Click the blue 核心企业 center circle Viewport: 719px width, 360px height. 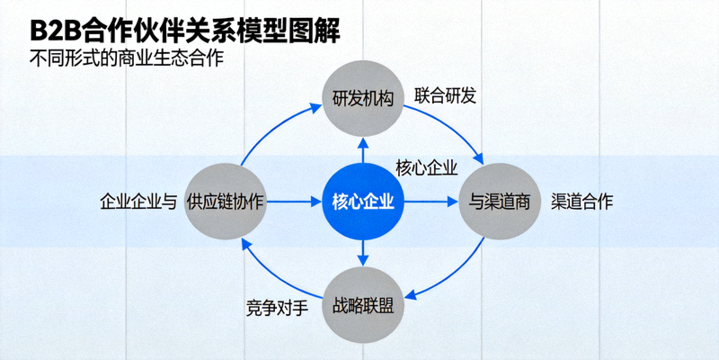pos(363,202)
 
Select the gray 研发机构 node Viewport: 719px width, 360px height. pos(363,98)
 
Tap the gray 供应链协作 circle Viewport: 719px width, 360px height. pos(225,202)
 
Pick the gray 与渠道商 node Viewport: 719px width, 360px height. pos(499,202)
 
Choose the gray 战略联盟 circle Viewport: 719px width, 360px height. pos(363,304)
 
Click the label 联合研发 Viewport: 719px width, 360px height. pos(445,95)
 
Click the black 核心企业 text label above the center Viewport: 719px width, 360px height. pos(427,167)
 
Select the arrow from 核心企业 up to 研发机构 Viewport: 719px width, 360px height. pos(363,150)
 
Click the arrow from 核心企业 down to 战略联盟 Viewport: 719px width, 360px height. pos(363,252)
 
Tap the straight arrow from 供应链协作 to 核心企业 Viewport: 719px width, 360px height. pos(292,202)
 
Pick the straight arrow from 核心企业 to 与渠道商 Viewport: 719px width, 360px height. pos(431,202)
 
